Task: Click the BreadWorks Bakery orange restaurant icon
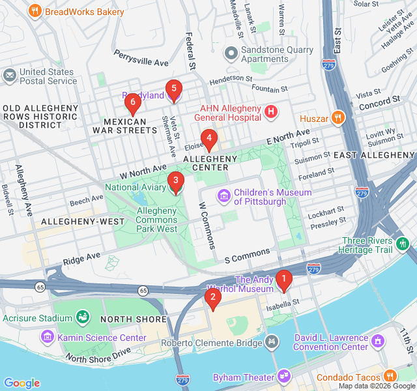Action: tap(35, 11)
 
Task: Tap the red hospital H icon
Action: tap(272, 113)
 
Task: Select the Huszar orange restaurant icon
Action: tap(337, 118)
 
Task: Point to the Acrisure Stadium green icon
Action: tap(83, 317)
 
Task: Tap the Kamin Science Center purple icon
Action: tap(47, 337)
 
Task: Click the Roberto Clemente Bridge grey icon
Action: tap(272, 341)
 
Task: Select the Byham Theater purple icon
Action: tap(284, 376)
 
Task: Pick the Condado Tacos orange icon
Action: tap(390, 376)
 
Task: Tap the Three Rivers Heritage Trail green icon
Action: tap(403, 244)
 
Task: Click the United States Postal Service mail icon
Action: tap(9, 76)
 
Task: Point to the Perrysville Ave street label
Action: tap(141, 58)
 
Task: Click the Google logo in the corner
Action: tap(22, 383)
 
